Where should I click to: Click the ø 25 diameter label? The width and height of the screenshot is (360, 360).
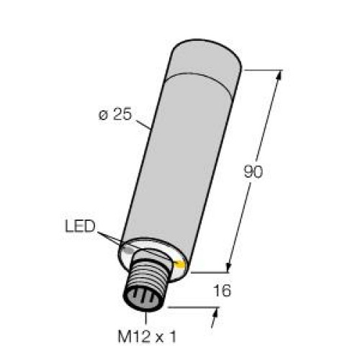tap(115, 114)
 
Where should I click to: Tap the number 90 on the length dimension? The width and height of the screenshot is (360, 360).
tap(253, 171)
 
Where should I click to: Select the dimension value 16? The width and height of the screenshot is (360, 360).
tap(222, 290)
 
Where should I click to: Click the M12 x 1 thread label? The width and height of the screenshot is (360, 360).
tap(147, 336)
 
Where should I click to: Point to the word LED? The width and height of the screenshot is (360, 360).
tap(80, 226)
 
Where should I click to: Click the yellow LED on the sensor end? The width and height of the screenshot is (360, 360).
tap(181, 264)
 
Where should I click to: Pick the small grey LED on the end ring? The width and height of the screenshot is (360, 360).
tap(129, 251)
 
